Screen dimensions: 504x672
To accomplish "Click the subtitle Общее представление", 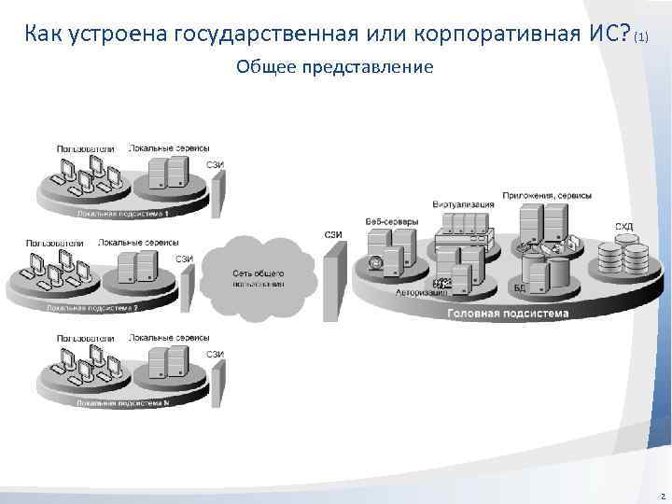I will [x=335, y=67].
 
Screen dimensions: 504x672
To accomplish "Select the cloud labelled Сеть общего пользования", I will [x=258, y=273].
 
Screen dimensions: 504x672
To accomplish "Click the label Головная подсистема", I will [x=507, y=314].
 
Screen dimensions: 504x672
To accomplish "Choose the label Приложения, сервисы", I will [x=546, y=195].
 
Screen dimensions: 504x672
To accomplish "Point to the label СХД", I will [x=623, y=226].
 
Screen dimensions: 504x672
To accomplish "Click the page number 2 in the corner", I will [x=661, y=497].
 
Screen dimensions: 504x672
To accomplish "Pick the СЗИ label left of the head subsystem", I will [x=332, y=233].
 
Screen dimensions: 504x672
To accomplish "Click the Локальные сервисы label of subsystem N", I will [x=169, y=337].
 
